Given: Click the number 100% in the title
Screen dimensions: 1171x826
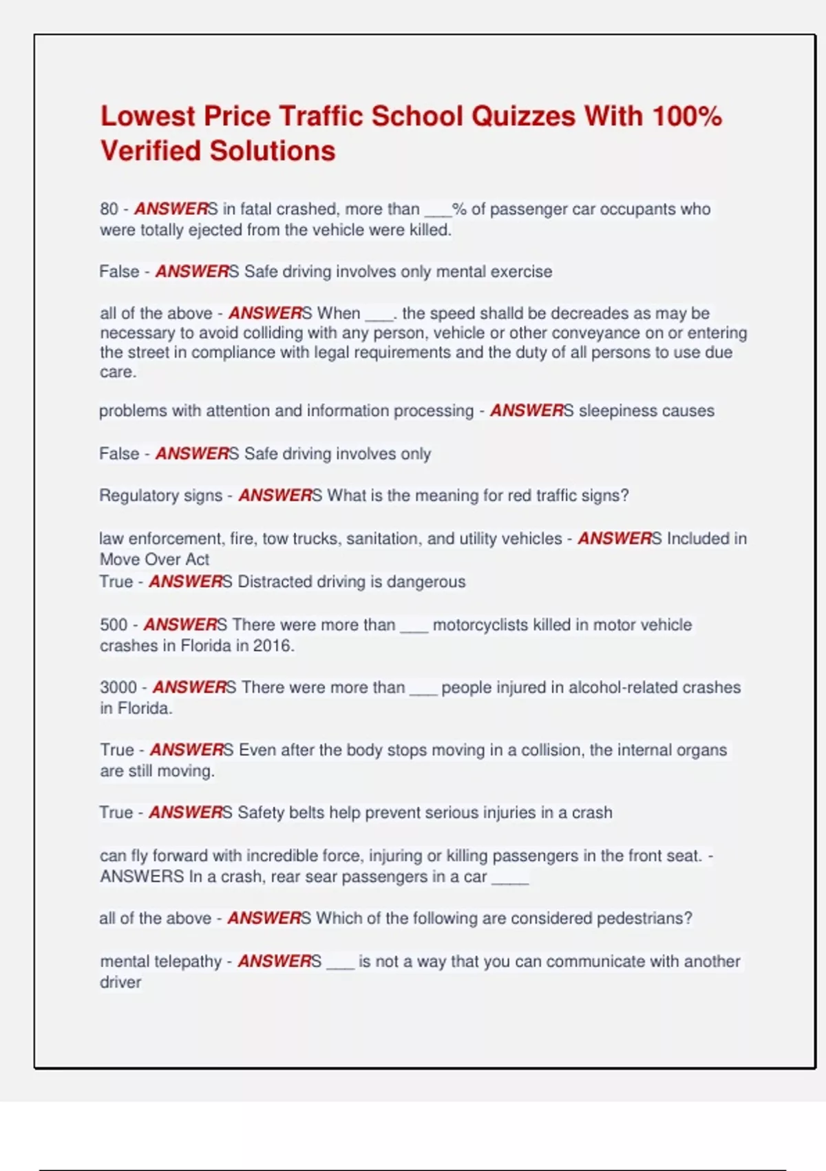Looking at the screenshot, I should pos(687,116).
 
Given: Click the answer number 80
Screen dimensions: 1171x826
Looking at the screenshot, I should pos(109,209).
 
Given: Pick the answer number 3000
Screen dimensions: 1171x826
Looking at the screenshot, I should pos(118,687).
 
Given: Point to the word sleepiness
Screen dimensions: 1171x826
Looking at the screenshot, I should pos(613,411).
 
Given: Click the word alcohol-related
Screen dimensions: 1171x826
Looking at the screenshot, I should pos(545,687).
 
